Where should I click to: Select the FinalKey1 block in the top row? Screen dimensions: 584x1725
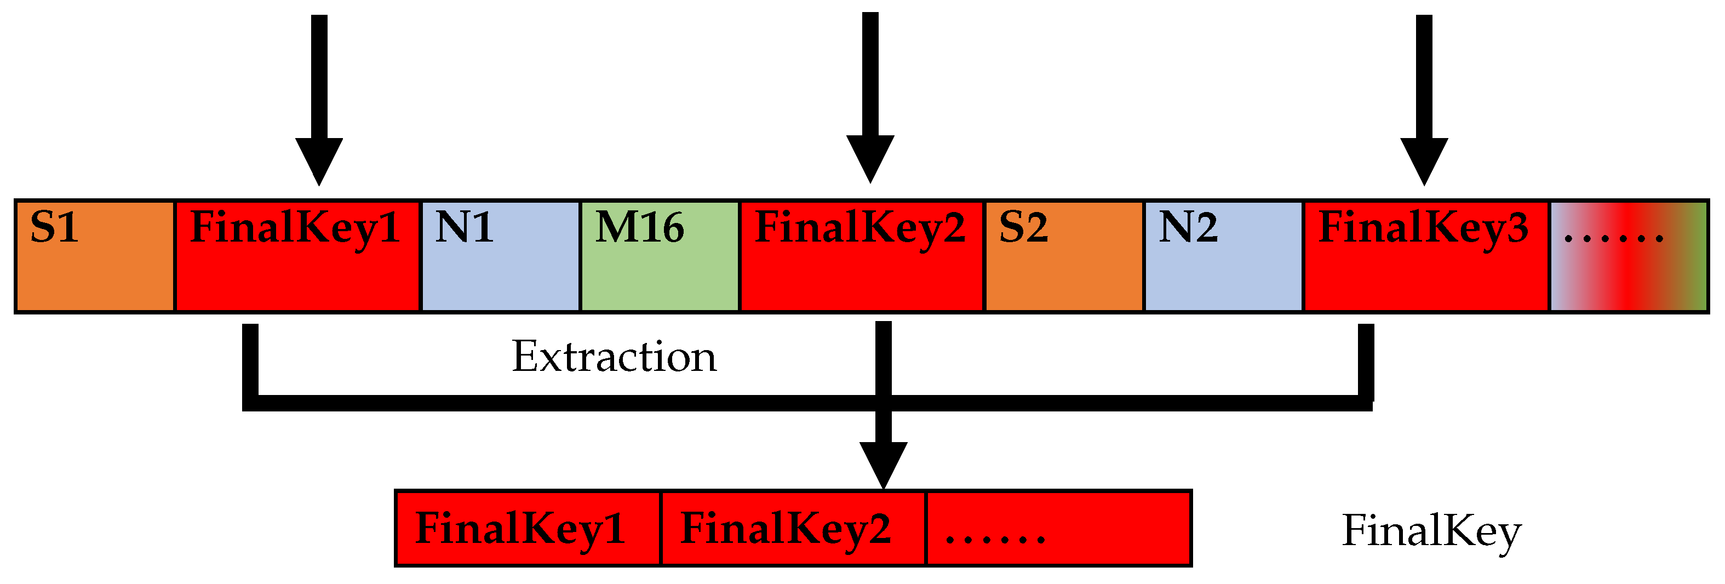297,256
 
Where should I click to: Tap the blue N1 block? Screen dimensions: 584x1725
500,256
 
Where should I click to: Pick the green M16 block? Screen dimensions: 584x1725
660,256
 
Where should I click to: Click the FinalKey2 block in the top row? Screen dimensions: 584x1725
862,256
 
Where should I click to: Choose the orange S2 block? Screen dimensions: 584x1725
1064,256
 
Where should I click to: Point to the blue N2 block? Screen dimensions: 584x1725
1223,256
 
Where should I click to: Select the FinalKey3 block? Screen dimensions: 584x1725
1426,256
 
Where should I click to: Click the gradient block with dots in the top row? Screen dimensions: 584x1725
1629,256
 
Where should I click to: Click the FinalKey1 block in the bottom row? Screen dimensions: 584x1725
528,529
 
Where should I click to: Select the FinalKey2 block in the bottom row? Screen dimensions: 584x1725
793,529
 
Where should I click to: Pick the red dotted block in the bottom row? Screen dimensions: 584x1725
1058,529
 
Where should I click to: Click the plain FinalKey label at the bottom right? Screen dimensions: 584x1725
1432,531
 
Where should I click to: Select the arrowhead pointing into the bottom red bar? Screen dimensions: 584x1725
883,463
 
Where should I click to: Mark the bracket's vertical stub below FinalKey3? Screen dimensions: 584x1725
1366,362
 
